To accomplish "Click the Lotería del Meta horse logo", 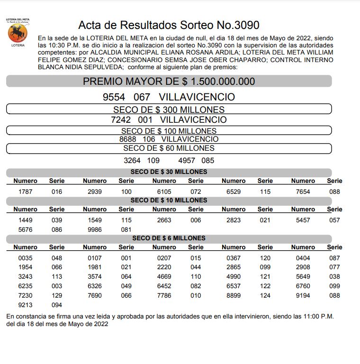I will [18, 33].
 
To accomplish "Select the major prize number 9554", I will [114, 97].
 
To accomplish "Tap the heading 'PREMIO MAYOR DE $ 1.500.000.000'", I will [169, 82].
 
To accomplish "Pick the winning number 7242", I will [121, 120].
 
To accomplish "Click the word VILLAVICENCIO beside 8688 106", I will [190, 139].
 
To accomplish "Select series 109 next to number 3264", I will [153, 161].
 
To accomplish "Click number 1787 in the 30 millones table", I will [26, 191].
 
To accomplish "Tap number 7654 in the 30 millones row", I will [303, 191].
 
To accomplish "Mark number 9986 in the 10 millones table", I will [95, 229].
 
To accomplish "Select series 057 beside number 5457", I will [334, 220].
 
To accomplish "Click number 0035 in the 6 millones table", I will [26, 258].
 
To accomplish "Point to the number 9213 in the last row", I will [26, 305].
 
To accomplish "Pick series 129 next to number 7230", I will [57, 295].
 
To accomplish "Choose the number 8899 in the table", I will [234, 295].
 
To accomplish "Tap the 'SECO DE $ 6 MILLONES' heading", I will [169, 238].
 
